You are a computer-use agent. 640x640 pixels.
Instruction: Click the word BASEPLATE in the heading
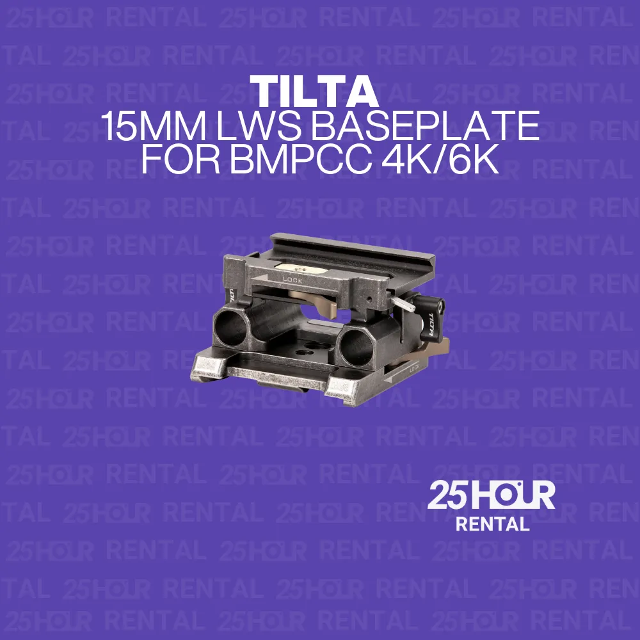426,128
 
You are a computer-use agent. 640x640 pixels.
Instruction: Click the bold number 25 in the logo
449,496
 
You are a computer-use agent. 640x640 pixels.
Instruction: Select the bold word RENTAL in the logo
492,524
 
